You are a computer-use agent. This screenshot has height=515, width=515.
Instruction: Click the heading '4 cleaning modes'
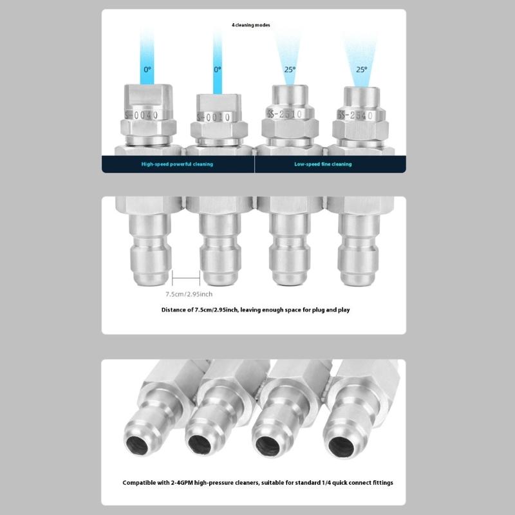tap(251, 25)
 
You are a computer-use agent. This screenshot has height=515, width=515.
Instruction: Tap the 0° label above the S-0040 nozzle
tap(147, 70)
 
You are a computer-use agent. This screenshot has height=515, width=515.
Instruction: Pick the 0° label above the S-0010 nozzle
tap(218, 70)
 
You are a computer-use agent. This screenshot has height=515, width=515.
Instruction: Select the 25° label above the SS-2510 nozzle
tap(290, 70)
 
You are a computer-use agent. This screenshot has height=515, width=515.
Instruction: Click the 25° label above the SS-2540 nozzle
tap(362, 70)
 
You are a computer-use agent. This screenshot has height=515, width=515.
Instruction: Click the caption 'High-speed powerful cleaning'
tap(177, 164)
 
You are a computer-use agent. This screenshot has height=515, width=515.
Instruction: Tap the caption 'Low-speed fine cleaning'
tap(323, 164)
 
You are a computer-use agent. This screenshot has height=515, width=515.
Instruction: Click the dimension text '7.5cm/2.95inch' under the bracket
tap(189, 294)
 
